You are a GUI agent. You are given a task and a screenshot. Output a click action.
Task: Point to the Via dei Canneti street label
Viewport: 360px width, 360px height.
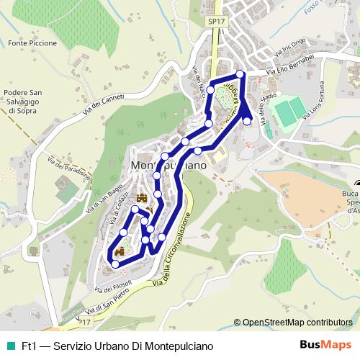[x=103, y=106]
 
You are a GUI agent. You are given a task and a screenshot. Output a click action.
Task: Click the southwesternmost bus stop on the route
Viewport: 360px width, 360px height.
[x=115, y=264]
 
